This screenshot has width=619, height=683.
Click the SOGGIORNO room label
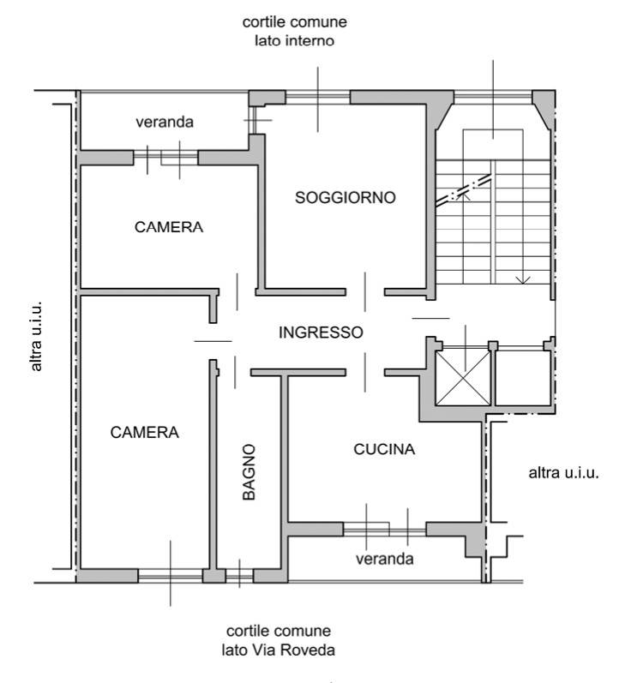346,198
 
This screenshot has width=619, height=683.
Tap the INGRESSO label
321,333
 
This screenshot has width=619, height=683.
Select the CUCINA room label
384,449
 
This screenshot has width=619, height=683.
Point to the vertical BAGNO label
249,472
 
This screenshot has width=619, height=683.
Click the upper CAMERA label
169,227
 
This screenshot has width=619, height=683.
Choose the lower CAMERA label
144,433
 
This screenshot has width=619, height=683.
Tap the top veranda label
165,122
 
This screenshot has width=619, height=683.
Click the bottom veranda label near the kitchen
384,559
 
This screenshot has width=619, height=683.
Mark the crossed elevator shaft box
463,378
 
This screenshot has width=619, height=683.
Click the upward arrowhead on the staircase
465,195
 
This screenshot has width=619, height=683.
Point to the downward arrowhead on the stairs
523,280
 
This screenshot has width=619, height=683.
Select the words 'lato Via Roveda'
278,650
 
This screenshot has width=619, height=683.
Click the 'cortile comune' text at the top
295,22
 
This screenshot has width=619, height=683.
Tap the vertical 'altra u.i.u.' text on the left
37,336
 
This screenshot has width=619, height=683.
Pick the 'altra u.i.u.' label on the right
563,473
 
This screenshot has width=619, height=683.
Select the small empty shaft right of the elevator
523,378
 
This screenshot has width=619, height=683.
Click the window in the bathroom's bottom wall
239,576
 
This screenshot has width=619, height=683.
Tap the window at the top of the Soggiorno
318,97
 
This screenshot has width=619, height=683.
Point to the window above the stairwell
493,97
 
